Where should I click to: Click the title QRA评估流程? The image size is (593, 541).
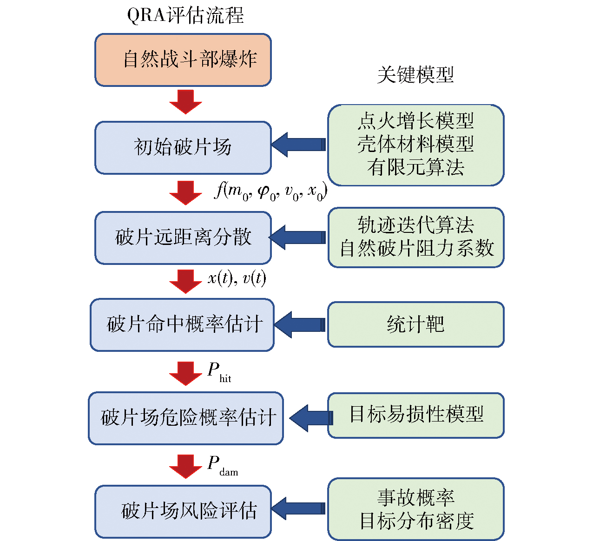185,16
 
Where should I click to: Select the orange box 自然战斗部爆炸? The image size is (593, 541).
183,60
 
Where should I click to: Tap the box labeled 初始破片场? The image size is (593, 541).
183,148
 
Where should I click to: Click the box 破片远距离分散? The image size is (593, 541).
183,238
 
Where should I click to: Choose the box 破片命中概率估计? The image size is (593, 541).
182,324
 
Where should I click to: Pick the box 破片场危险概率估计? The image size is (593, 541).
186,418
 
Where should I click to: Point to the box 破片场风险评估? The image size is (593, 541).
183,511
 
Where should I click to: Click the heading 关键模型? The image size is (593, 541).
415,75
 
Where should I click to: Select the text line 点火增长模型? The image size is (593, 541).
415,121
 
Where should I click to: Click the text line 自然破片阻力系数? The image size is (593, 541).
416,248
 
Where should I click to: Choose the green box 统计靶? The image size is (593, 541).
416,324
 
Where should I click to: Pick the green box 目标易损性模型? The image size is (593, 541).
416,415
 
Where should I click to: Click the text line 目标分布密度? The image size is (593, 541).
416,521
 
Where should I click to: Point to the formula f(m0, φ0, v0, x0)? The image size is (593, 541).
271,191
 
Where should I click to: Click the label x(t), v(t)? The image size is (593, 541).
237,278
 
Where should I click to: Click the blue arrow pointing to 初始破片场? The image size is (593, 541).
298,145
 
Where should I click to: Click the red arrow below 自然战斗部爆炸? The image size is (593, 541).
185,101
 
